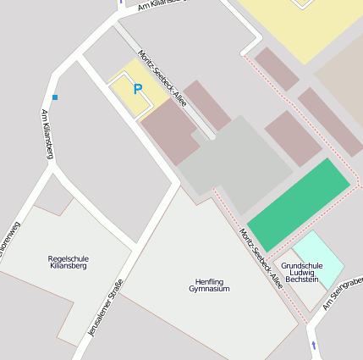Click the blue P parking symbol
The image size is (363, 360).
pyautogui.click(x=137, y=88)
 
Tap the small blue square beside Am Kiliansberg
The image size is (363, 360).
pyautogui.click(x=55, y=97)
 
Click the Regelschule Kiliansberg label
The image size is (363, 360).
pyautogui.click(x=69, y=262)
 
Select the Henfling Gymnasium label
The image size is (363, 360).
pyautogui.click(x=209, y=285)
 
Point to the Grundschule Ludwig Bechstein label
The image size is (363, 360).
pyautogui.click(x=301, y=272)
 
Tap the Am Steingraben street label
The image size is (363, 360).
pyautogui.click(x=343, y=291)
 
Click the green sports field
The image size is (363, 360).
pyautogui.click(x=298, y=203)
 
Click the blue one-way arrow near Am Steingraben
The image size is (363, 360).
pyautogui.click(x=314, y=346)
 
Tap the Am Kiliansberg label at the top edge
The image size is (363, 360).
pyautogui.click(x=152, y=7)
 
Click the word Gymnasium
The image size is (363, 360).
pyautogui.click(x=209, y=289)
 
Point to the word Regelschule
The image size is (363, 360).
pyautogui.click(x=69, y=258)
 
